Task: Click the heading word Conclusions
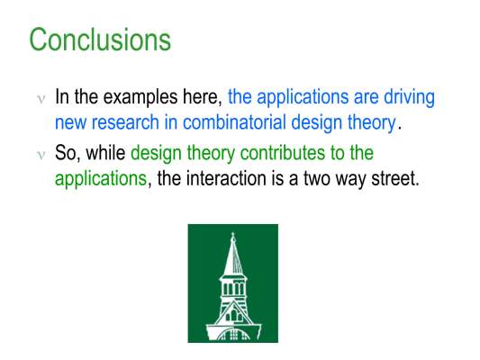tap(100, 40)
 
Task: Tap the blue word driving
tap(409, 98)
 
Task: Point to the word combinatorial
tap(234, 122)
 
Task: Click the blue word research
tap(125, 122)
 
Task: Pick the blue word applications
tap(303, 98)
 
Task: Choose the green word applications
tap(101, 178)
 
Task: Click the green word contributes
tap(282, 153)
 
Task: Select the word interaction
tap(226, 178)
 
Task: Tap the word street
tap(395, 178)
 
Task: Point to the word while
tap(105, 153)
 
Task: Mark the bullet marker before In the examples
tap(41, 99)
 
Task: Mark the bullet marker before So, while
tap(41, 155)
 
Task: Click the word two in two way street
tap(317, 178)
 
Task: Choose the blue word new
tap(71, 123)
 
